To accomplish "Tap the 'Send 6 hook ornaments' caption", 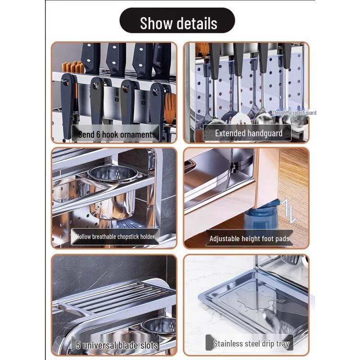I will [117, 134].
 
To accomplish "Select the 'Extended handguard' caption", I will [248, 133].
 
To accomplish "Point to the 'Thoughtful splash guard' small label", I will [294, 113].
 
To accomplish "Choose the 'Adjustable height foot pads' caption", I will [249, 238].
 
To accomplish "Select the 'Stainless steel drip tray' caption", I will [251, 344].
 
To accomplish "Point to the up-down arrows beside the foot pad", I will [289, 211].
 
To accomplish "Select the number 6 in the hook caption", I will [98, 134].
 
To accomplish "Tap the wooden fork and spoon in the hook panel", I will [170, 108].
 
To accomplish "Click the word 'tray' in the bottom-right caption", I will [282, 344].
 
